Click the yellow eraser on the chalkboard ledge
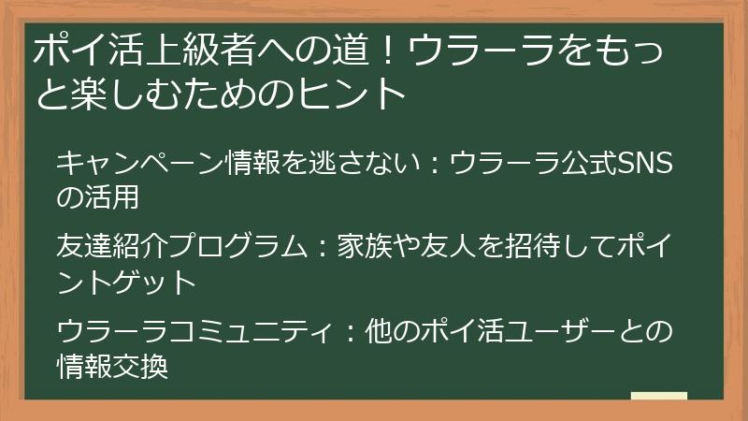tap(659, 397)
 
